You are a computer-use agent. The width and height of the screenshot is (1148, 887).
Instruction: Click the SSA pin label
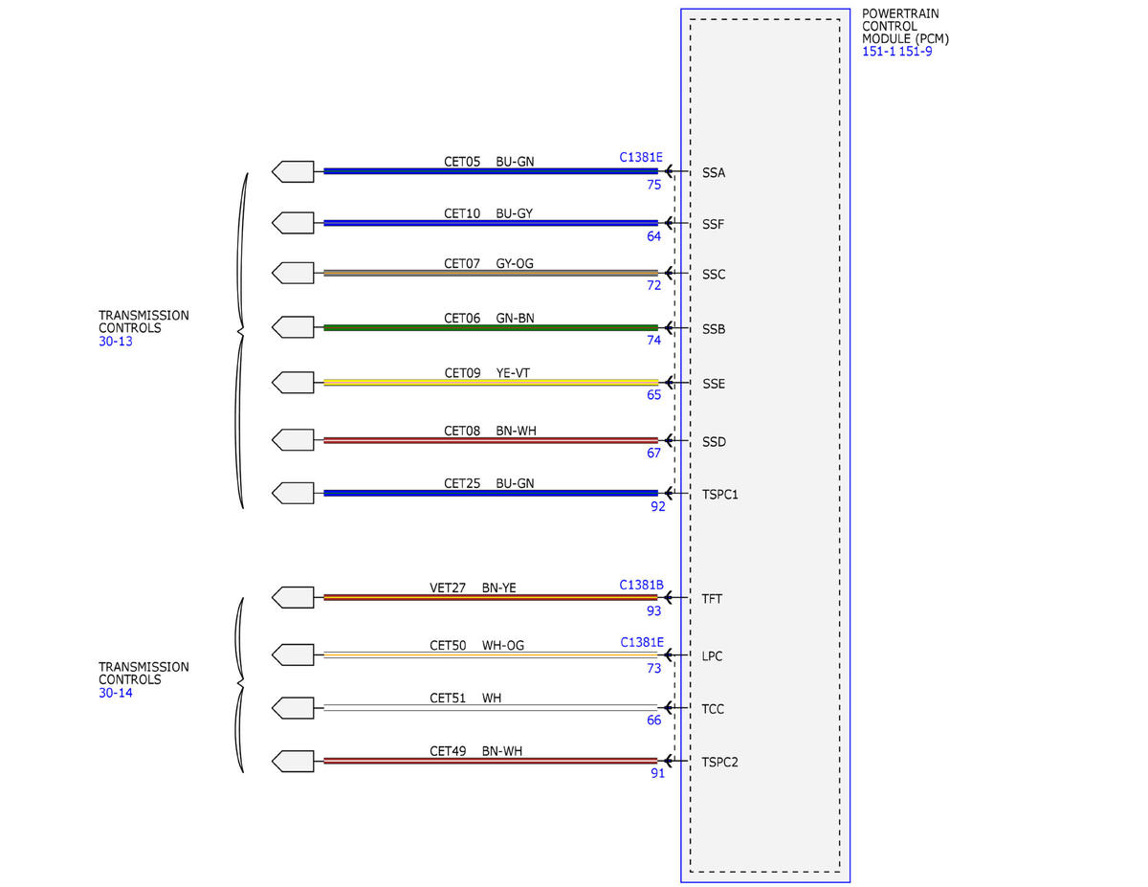point(714,173)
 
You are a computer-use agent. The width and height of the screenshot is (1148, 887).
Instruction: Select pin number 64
point(653,236)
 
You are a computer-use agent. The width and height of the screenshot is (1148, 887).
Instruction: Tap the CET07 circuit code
point(462,263)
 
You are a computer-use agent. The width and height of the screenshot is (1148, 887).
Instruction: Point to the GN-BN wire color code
point(515,318)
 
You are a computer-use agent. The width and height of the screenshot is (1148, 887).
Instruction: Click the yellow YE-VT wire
point(491,383)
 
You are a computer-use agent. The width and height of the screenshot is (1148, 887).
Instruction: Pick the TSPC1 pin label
point(719,495)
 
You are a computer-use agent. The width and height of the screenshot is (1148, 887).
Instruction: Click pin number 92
point(658,506)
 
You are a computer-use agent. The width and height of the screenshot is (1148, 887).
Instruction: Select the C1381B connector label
point(641,585)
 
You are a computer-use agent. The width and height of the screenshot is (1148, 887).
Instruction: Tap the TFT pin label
point(711,599)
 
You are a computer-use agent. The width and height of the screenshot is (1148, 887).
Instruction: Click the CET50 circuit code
point(448,645)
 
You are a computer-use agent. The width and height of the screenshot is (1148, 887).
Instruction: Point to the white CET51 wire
point(491,707)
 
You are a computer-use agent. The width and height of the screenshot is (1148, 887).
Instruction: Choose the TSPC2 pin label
point(719,762)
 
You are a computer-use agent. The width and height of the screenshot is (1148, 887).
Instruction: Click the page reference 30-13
point(115,342)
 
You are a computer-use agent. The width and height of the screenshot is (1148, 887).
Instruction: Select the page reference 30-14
point(115,693)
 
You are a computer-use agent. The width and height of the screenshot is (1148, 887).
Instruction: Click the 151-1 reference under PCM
point(878,52)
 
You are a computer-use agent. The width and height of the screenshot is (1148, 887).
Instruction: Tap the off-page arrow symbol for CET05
point(293,171)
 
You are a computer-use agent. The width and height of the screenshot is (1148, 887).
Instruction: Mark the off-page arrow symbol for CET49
point(293,761)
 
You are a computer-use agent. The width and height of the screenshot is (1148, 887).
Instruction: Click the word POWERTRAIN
point(900,13)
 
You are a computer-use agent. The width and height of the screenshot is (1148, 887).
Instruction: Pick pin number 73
point(653,668)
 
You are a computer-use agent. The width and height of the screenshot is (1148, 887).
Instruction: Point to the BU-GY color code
point(514,213)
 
